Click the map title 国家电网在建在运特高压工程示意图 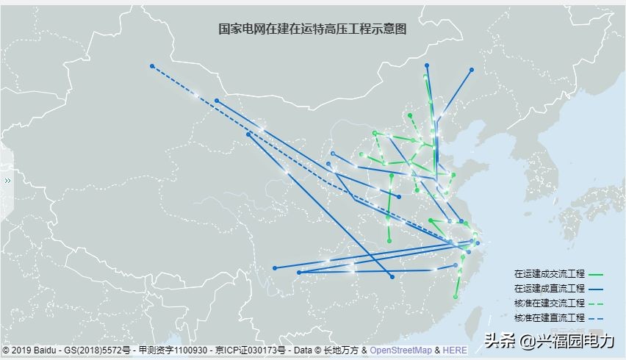(x=312, y=29)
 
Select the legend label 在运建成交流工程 (x=550, y=273)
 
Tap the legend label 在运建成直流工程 (x=550, y=288)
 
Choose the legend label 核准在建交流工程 (x=550, y=303)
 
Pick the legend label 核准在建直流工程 (x=550, y=317)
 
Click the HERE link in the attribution (x=454, y=350)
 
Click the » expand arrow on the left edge (x=7, y=180)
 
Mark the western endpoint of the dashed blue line (x=152, y=66)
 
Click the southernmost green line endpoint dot (x=456, y=297)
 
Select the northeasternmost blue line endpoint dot (x=472, y=70)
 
